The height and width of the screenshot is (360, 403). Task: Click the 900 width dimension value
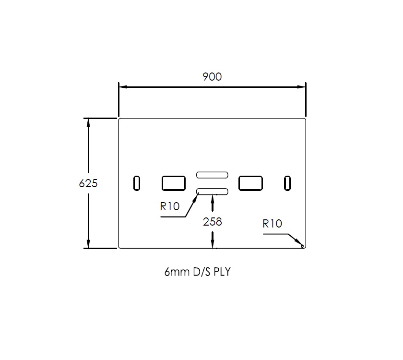[x=212, y=77]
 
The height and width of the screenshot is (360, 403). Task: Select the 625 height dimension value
[x=88, y=183]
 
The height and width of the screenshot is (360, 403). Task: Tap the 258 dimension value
[x=213, y=222]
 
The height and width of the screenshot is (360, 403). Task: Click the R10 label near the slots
[x=170, y=207]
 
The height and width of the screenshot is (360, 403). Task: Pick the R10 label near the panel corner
[x=272, y=223]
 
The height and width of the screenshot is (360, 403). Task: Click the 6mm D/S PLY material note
[x=197, y=272]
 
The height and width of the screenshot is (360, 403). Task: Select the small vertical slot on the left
[x=137, y=183]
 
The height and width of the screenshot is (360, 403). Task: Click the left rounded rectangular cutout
[x=174, y=183]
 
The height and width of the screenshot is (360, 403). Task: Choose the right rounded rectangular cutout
[x=250, y=183]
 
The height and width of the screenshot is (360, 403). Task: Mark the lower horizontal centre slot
[x=212, y=192]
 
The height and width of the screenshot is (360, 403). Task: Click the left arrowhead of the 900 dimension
[x=123, y=87]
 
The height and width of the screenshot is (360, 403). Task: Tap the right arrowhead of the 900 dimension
[x=302, y=87]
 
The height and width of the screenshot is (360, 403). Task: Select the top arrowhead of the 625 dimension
[x=88, y=122]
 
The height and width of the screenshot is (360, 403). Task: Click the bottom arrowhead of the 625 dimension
[x=88, y=244]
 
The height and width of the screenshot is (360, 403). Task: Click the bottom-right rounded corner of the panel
[x=304, y=247]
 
